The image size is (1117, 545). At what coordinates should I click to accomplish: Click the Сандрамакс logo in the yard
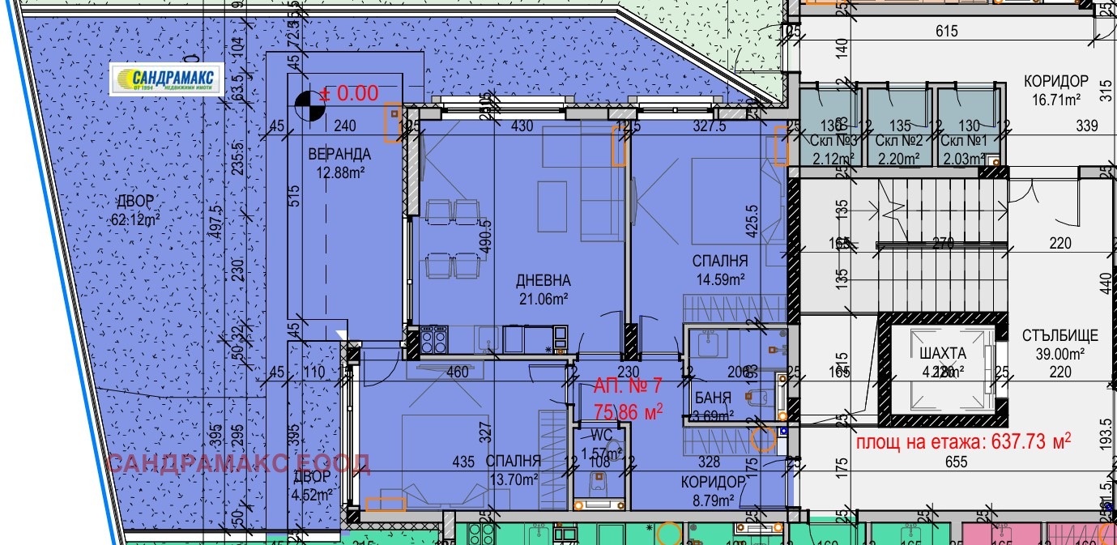click(x=166, y=79)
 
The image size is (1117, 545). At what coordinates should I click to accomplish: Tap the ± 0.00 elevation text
click(x=349, y=93)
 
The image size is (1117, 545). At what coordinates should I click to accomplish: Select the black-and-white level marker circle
click(x=306, y=103)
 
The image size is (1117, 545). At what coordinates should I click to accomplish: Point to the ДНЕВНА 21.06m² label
click(x=543, y=289)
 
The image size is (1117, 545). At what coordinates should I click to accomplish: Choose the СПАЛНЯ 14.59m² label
click(x=719, y=270)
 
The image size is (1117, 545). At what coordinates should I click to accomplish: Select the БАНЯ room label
click(x=714, y=398)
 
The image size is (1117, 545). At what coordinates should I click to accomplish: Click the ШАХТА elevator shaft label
click(x=943, y=354)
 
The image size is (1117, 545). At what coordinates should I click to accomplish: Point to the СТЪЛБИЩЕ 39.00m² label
click(x=1059, y=343)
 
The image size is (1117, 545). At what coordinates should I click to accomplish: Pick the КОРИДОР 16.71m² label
click(x=1055, y=90)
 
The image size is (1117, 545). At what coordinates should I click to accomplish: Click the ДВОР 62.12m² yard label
click(x=134, y=210)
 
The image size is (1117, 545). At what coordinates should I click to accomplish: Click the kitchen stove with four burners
click(x=433, y=338)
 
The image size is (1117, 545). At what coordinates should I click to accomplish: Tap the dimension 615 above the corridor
click(x=946, y=32)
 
